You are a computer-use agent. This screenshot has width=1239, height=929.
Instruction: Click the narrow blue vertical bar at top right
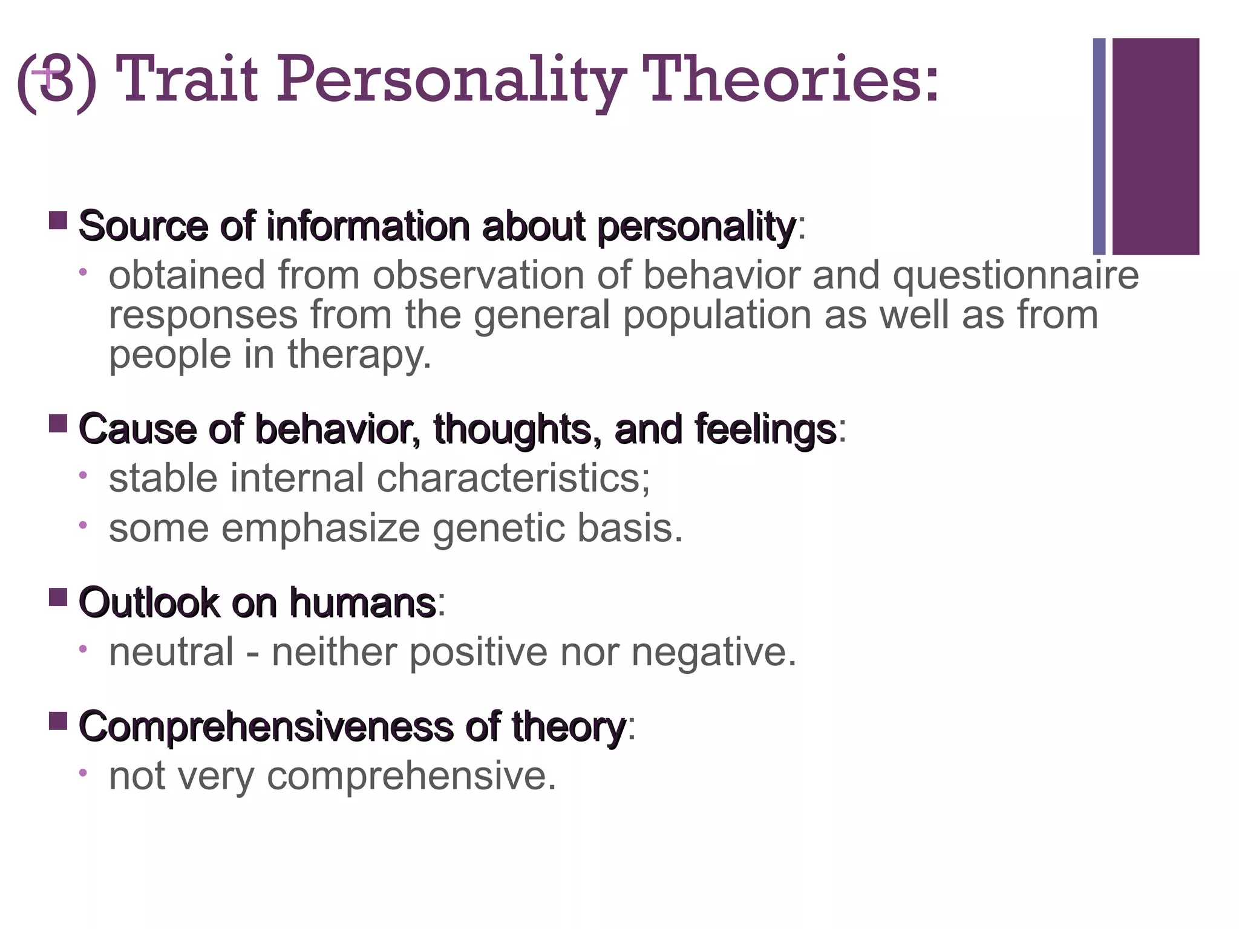coord(1099,146)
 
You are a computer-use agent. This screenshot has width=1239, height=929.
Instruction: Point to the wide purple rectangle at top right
coord(1156,146)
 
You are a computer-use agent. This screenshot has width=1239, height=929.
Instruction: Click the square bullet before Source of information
coord(57,220)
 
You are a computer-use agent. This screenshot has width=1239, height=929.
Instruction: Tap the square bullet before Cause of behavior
coord(57,423)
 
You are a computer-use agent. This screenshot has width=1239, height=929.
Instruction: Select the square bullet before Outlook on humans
coord(57,598)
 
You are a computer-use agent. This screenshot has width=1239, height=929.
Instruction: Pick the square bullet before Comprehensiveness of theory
coord(57,721)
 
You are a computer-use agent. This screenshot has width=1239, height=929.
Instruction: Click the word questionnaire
coord(1016,276)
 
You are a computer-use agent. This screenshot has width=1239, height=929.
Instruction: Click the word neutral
coord(171,652)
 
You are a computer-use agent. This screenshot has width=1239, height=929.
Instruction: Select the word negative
coord(714,653)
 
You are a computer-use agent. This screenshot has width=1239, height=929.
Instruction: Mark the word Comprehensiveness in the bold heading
coord(266,728)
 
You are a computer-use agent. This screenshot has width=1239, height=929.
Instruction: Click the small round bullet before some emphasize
coord(83,524)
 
